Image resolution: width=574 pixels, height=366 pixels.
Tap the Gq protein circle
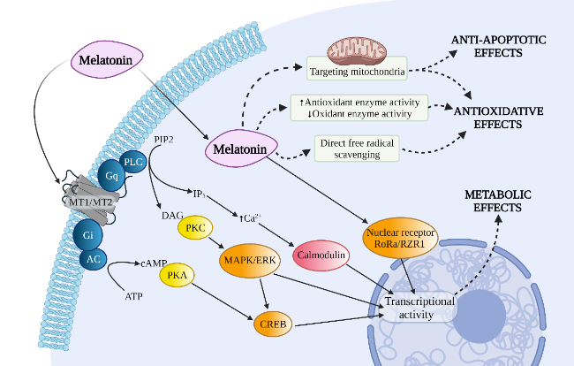click(111, 175)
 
